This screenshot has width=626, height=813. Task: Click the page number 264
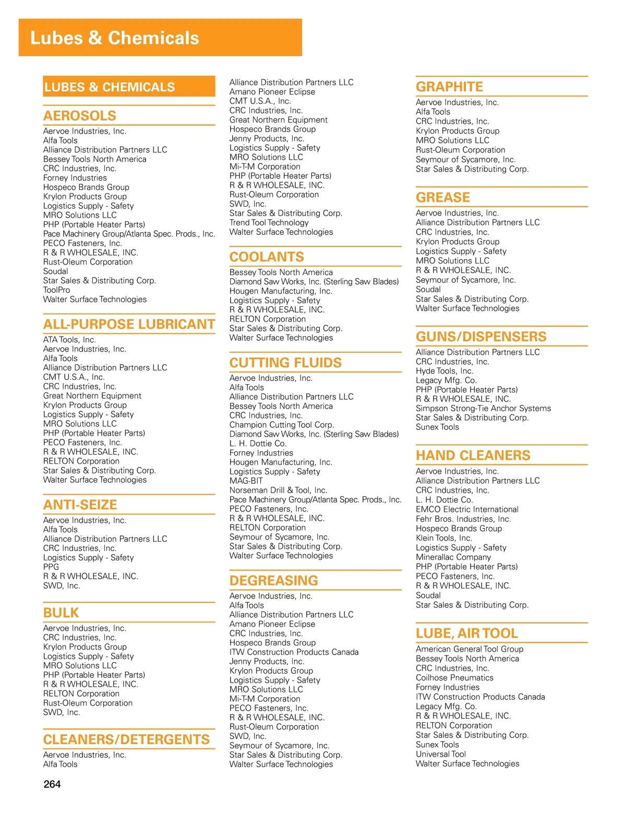[x=52, y=784]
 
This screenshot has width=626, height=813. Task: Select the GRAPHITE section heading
[x=449, y=87]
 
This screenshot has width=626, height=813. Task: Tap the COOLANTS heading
[x=267, y=257]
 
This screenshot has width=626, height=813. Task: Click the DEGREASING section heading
[x=273, y=580]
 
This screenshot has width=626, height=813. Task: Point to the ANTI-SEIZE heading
[x=80, y=505]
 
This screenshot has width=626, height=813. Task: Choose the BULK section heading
[x=61, y=613]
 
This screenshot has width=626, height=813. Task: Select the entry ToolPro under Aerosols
[x=56, y=290]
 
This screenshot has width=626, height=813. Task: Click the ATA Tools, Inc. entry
[x=69, y=340]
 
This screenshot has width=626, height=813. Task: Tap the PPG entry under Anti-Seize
[x=51, y=567]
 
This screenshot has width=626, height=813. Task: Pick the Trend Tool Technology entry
[x=269, y=222]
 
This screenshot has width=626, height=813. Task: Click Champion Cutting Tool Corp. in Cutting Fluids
[x=282, y=425]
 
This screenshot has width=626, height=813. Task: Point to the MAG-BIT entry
[x=246, y=481]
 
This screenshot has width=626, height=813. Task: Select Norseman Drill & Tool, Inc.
[x=278, y=490]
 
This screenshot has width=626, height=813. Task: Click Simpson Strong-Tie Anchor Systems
[x=483, y=408]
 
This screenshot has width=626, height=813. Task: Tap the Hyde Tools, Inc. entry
[x=444, y=370]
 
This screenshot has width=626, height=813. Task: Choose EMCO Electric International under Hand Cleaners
[x=467, y=509]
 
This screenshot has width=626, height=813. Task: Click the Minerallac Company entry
[x=453, y=557]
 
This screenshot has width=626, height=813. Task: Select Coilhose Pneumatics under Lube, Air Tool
[x=454, y=677]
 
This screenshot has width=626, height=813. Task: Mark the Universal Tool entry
[x=441, y=754]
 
